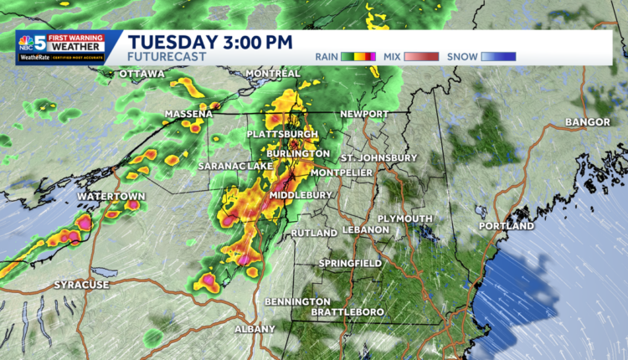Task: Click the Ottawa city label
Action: coord(142,75)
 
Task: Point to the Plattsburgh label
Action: coord(282,135)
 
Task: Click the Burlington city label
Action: coord(298,154)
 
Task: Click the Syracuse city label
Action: coord(81,285)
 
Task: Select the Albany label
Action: coord(254,329)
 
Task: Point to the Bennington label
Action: coord(297,301)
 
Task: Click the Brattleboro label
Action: coord(347,312)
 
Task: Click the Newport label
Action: coord(364,114)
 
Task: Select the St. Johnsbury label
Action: coord(378,157)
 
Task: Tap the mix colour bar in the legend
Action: coord(422,57)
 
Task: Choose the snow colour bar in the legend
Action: coord(499,57)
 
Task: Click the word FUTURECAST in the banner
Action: coord(167,56)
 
